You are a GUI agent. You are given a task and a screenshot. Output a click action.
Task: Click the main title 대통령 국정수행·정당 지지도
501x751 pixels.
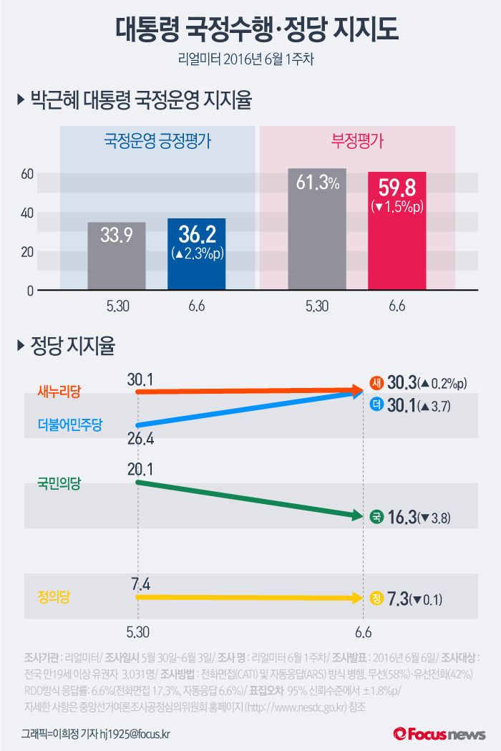[250, 30]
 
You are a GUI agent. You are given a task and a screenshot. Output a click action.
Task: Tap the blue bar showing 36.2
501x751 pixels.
[196, 254]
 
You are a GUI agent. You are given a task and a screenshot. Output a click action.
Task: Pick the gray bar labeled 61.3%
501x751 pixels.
[316, 229]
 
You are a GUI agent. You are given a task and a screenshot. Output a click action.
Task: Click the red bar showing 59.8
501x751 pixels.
[397, 231]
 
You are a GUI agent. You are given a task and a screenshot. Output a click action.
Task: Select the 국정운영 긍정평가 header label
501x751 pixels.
[157, 140]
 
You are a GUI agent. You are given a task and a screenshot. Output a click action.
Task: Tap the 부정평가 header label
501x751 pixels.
[357, 140]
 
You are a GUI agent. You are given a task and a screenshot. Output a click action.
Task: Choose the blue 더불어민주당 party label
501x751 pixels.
[69, 425]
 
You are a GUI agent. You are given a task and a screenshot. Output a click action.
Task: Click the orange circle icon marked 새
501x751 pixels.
[376, 382]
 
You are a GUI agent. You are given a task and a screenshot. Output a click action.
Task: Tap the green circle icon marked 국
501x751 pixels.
[376, 517]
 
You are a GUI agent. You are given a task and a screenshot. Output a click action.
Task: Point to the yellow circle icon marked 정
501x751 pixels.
[376, 599]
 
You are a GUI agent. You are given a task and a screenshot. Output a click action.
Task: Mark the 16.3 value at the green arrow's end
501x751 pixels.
[402, 517]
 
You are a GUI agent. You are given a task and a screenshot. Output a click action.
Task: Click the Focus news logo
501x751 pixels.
[439, 733]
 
